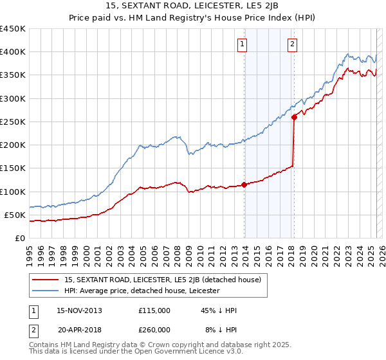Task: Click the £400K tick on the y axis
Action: [12, 52]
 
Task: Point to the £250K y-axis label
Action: [12, 122]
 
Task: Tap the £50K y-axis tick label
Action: [15, 215]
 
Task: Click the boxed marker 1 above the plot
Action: [243, 44]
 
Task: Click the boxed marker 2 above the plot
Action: [292, 44]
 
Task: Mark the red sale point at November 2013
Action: [244, 184]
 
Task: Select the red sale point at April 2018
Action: [294, 117]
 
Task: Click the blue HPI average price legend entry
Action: [142, 291]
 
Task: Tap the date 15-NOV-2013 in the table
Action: [79, 310]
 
